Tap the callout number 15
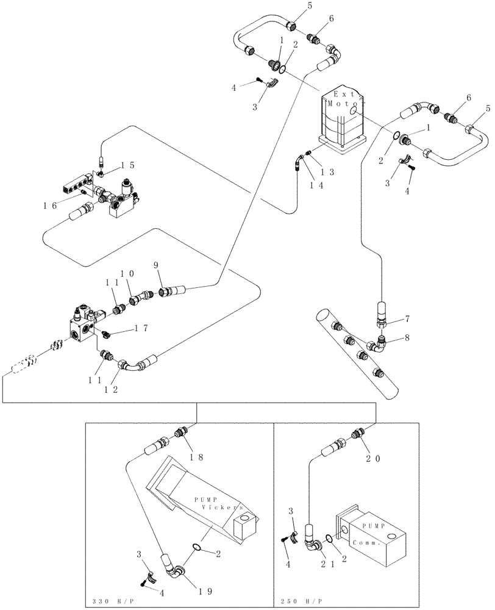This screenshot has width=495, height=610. pos(126,166)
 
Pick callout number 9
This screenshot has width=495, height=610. pos(155,266)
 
